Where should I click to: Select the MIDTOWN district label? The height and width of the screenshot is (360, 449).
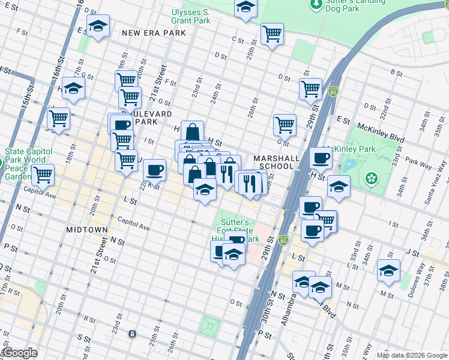pyautogui.click(x=88, y=230)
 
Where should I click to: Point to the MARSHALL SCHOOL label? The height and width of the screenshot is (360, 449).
pyautogui.click(x=276, y=162)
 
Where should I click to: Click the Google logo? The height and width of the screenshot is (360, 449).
pyautogui.click(x=20, y=353)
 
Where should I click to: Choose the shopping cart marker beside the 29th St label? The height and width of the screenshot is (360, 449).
pyautogui.click(x=310, y=88)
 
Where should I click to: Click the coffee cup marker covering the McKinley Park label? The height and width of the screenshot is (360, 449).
pyautogui.click(x=321, y=157)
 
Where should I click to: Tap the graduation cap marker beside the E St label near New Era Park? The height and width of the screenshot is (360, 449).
pyautogui.click(x=98, y=25)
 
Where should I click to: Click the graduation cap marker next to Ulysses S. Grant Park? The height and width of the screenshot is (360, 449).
pyautogui.click(x=245, y=7)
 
